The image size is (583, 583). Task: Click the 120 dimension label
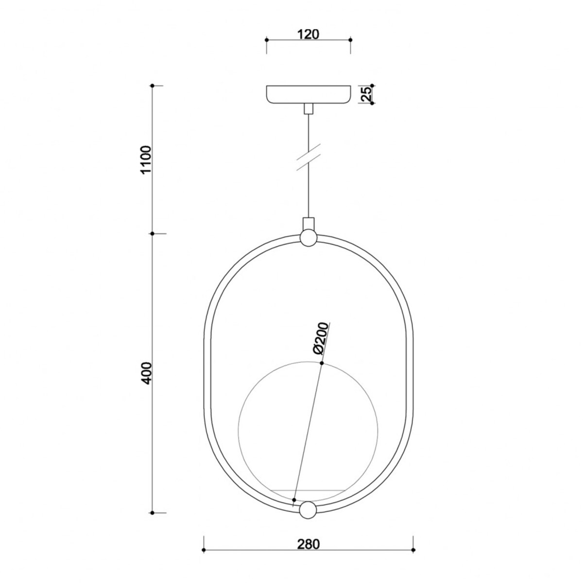[309, 34]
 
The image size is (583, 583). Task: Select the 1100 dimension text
[145, 160]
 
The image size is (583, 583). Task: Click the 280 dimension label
[309, 545]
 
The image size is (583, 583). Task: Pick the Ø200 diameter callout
[321, 339]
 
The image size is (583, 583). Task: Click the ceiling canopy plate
[309, 94]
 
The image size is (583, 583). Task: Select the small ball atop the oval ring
[308, 238]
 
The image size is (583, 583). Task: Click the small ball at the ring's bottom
[308, 511]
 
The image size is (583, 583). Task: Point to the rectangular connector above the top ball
[308, 224]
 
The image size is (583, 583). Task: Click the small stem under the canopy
[308, 109]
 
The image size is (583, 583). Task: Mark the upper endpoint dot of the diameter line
[322, 363]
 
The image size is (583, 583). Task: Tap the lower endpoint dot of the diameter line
[294, 499]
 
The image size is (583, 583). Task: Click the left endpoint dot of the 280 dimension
[204, 550]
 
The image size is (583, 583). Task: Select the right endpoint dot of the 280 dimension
[413, 550]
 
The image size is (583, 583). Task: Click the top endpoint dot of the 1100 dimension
[153, 86]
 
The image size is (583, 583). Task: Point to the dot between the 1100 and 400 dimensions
[153, 234]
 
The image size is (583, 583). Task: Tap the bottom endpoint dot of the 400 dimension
[153, 513]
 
